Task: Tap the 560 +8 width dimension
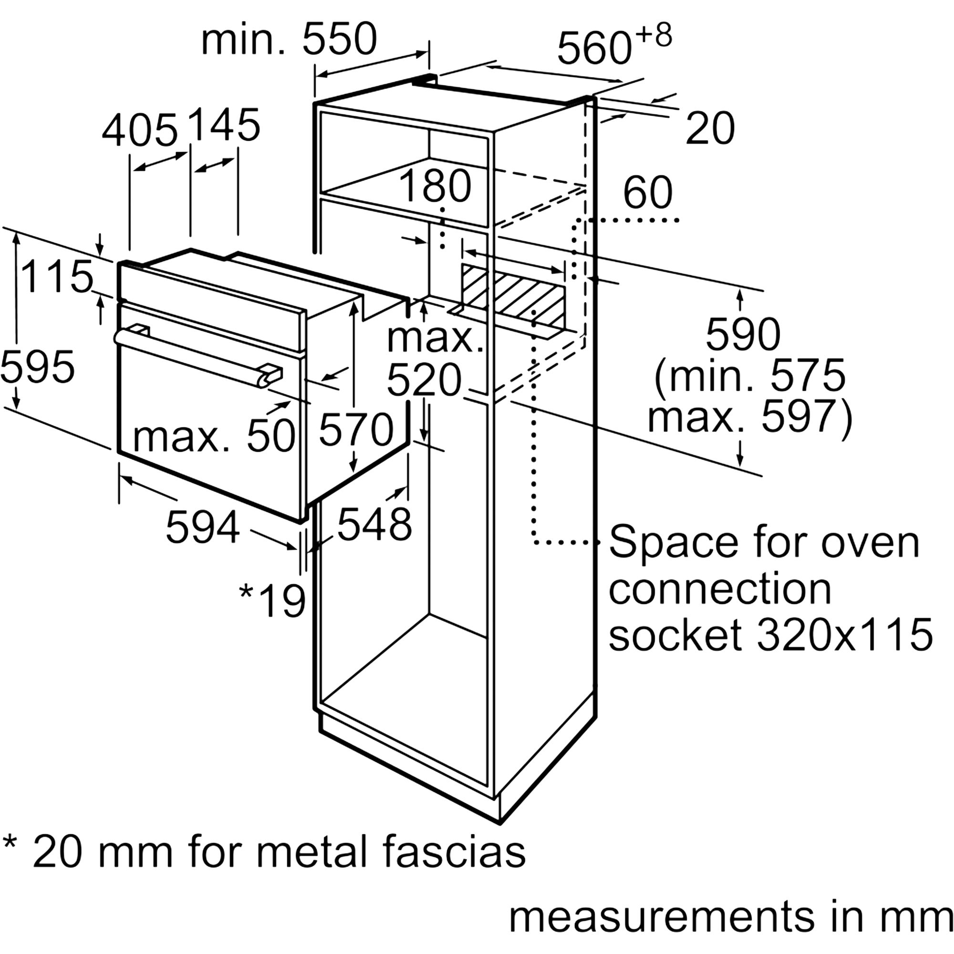pos(614,45)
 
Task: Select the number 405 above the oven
pos(139,130)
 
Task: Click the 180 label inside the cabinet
pos(435,186)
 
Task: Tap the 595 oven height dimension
pos(38,366)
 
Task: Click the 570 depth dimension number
pos(356,430)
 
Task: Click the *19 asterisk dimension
pos(272,601)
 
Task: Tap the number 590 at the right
pos(743,334)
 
